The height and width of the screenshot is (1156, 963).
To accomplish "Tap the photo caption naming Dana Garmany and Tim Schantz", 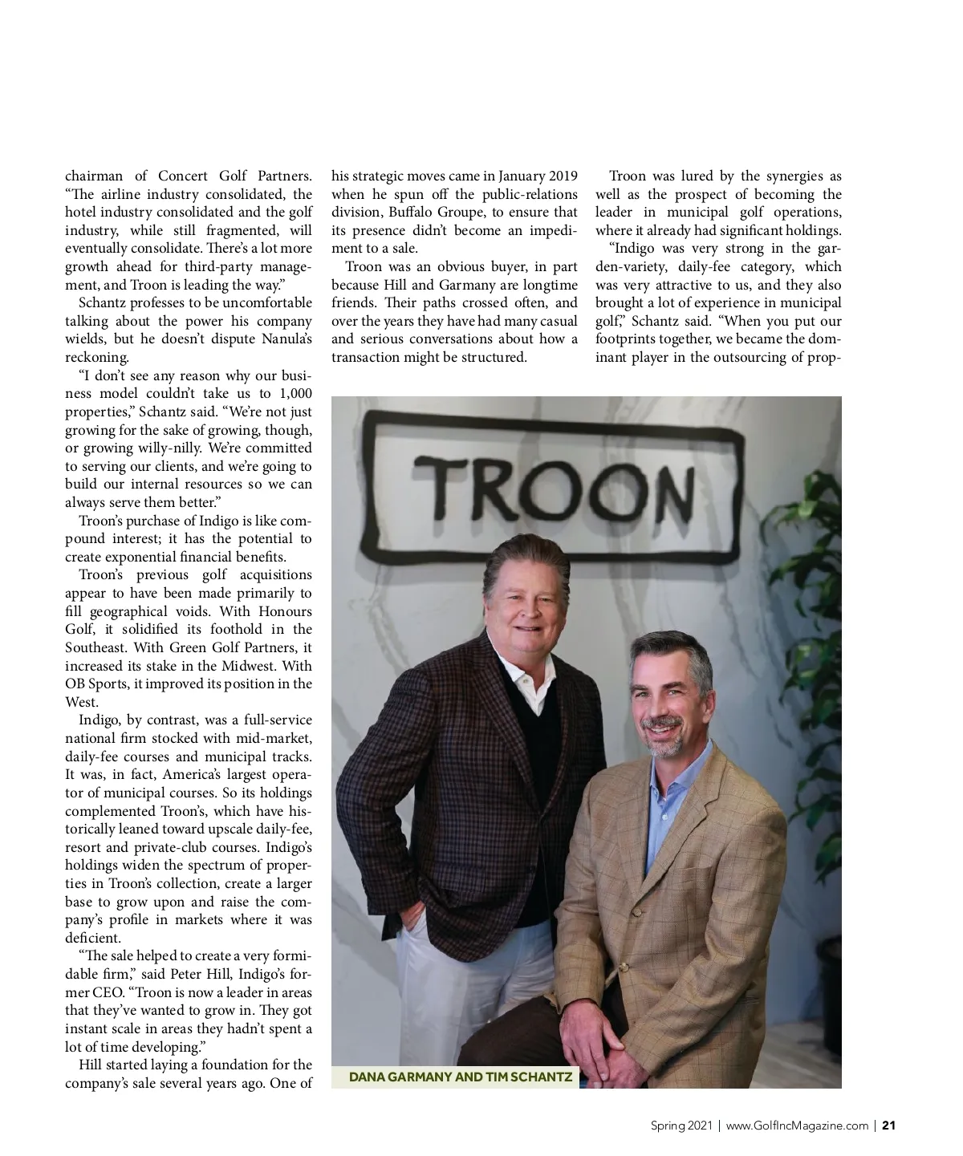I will [x=461, y=1077].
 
